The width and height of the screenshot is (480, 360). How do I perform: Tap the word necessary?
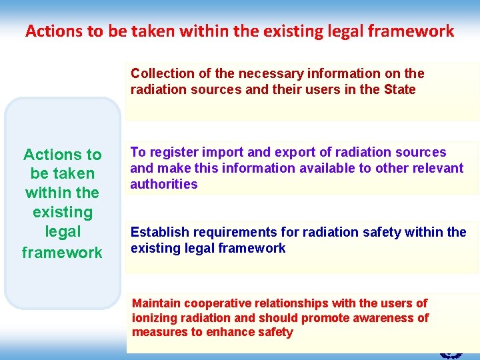(x=254, y=73)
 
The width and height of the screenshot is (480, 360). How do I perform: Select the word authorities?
(x=164, y=184)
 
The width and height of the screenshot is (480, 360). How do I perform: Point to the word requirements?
(x=228, y=232)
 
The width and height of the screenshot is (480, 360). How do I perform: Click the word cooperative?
(x=215, y=303)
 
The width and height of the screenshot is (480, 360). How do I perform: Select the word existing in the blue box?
(x=62, y=213)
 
